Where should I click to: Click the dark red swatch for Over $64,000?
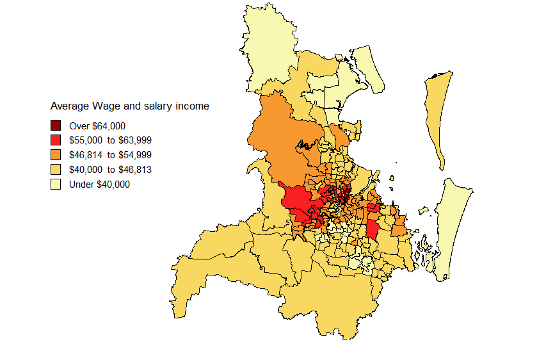(56, 126)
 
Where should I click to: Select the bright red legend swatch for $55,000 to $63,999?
(56, 140)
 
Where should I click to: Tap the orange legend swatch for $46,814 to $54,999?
(56, 155)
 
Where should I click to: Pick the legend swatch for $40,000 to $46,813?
(56, 170)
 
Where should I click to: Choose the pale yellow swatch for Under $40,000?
(56, 184)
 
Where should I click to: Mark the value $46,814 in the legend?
(85, 155)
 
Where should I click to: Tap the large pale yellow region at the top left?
(269, 45)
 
